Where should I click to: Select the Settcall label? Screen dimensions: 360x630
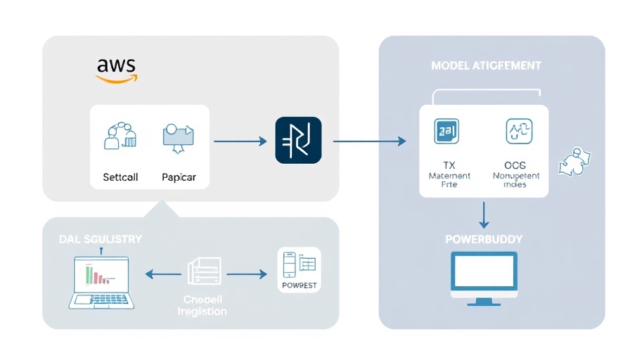coord(120,177)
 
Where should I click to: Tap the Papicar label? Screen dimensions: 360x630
coord(179,177)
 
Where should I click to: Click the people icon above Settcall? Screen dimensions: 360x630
coord(119,136)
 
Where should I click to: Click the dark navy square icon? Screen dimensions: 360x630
coord(298,141)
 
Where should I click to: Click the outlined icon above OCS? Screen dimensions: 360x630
coord(519,131)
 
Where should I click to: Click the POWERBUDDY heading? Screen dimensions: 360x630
coord(484,239)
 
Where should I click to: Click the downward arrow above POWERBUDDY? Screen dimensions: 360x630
coord(484,214)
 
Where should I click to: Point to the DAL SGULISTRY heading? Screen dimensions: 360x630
coord(101,239)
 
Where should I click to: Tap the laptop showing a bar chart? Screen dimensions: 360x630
coord(101,281)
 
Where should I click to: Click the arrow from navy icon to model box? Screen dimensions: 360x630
coord(369,141)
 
